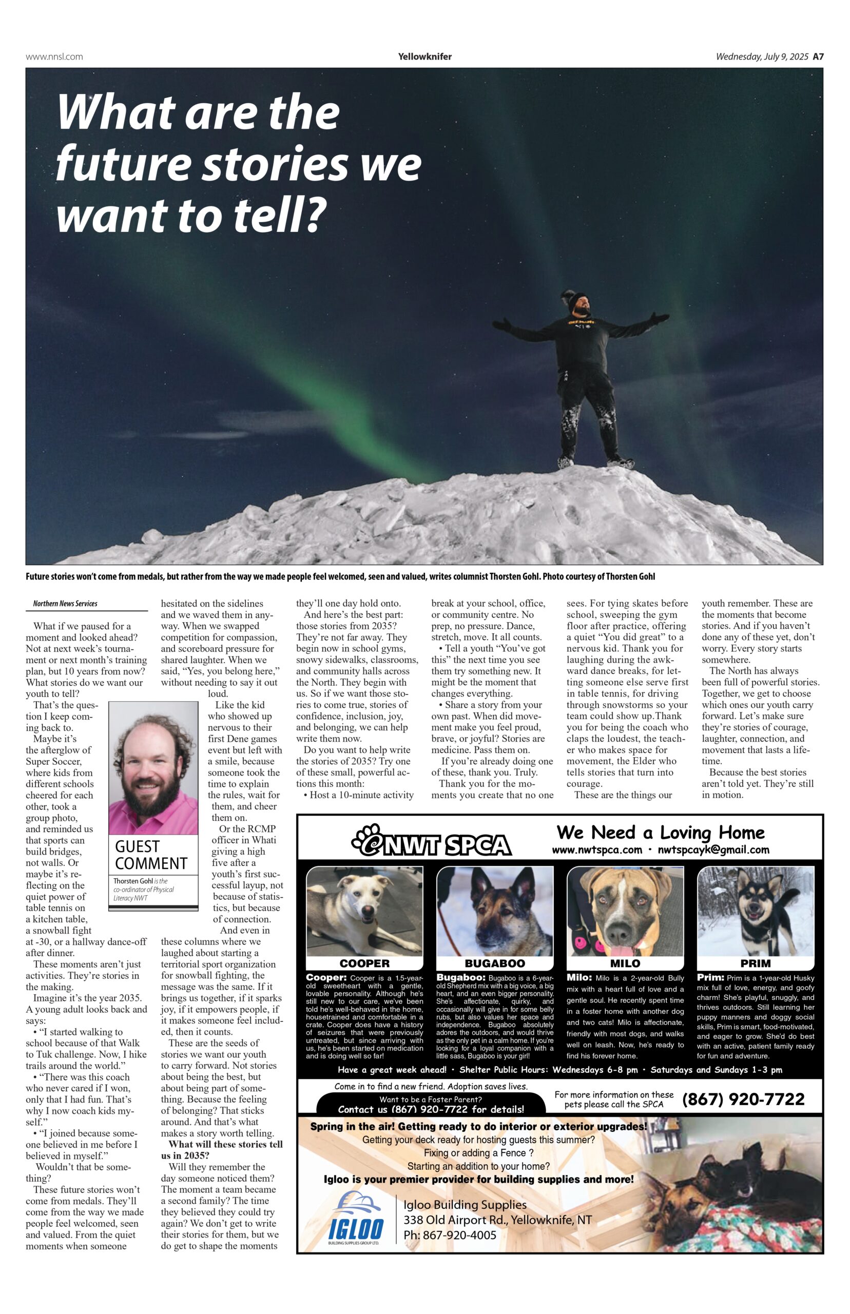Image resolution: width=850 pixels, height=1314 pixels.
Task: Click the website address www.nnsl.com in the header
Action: coord(54,56)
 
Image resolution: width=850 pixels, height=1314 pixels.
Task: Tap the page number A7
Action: coord(818,56)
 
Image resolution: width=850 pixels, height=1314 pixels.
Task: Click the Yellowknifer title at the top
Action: coord(424,56)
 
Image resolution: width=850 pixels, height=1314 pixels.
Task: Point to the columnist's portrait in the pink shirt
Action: coord(153,768)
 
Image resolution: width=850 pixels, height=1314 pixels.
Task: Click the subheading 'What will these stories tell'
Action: coord(225,1144)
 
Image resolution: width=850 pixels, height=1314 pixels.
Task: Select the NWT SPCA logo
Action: coord(431,840)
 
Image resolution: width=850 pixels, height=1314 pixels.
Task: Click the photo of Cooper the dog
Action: coord(364,911)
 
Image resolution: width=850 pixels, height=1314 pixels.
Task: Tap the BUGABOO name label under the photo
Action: coord(494,963)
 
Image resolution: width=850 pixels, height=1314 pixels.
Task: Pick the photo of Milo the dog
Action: coord(625,911)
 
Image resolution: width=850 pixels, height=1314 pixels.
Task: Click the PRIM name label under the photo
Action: coord(755,963)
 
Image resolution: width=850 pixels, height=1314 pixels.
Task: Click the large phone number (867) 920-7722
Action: coord(743,1099)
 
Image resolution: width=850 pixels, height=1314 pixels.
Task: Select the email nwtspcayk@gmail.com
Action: coord(713,850)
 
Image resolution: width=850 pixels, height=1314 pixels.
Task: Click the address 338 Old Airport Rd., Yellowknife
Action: coord(497,1220)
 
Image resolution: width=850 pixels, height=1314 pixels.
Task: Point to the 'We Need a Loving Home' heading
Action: coord(660,832)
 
